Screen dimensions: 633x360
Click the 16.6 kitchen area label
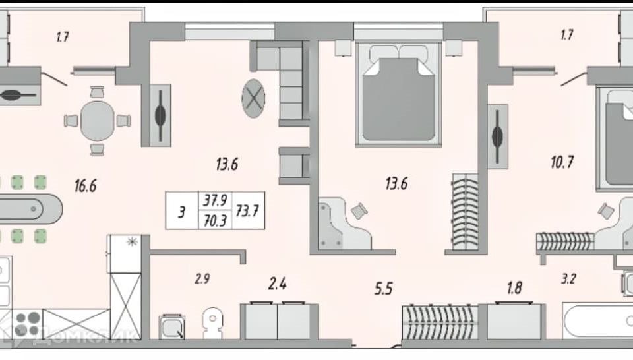(85, 186)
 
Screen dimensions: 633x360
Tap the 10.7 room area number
(562, 162)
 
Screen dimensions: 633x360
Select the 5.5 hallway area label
(383, 289)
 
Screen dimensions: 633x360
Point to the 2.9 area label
(202, 279)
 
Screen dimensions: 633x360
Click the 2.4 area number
(278, 284)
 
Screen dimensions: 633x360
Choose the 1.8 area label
(514, 287)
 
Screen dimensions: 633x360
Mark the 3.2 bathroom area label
(568, 279)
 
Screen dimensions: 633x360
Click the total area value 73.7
(247, 211)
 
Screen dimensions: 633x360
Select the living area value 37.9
(215, 200)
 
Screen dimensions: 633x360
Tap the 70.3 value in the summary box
(215, 221)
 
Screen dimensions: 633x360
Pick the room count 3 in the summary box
(182, 212)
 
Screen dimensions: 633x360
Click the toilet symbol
(213, 323)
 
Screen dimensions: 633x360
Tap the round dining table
(98, 121)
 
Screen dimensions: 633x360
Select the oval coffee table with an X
(253, 98)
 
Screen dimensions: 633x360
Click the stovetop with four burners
(28, 324)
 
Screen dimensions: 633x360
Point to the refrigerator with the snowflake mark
(124, 254)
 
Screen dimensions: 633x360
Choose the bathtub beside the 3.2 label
(598, 321)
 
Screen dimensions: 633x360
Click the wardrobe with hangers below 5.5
(440, 322)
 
